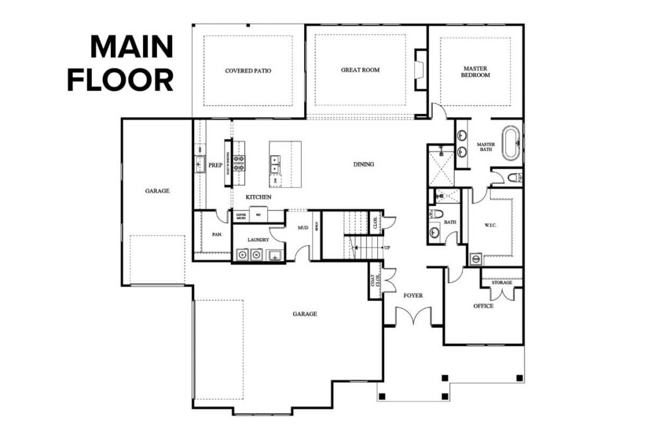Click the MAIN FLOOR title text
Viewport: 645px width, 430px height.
coord(120,64)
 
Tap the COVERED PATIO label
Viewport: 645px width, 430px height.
coord(248,71)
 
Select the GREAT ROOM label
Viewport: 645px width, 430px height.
coord(360,70)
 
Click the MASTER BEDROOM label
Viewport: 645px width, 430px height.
coord(476,72)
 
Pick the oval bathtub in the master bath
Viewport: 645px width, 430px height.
coord(510,144)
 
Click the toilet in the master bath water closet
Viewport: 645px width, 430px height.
coord(513,178)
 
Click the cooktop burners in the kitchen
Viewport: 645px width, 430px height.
coord(239,163)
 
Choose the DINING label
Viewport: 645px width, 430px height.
coord(363,164)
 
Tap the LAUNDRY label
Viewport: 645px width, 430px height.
coord(259,240)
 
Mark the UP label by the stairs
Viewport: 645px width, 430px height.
coord(387,247)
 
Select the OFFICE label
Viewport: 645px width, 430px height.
coord(483,306)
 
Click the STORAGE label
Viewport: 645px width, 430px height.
coord(501,283)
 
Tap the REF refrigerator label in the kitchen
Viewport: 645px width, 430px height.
coord(258,215)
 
